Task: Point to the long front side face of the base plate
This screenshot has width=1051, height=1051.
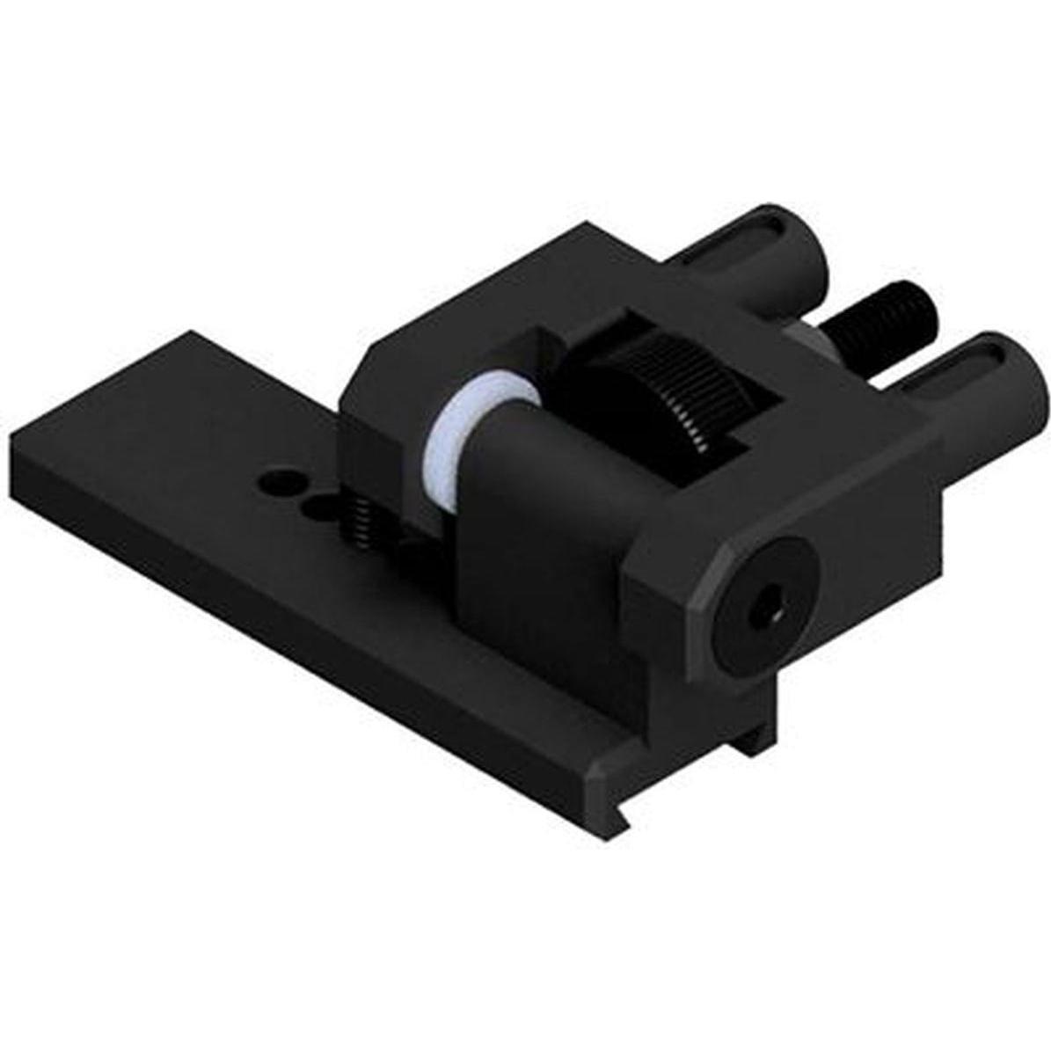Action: tap(308, 633)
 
